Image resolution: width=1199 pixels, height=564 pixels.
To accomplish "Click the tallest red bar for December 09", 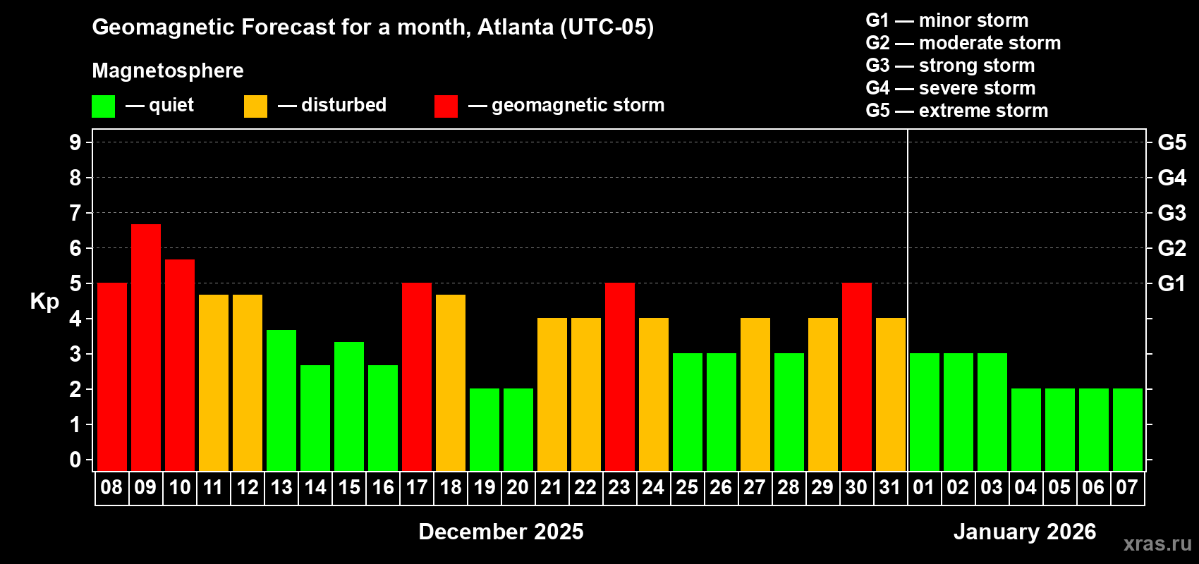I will [x=146, y=347].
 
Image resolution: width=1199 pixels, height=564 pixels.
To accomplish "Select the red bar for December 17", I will [x=417, y=376].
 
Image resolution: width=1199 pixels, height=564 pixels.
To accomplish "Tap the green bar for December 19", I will [x=485, y=429].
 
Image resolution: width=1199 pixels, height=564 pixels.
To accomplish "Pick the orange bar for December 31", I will [x=891, y=394].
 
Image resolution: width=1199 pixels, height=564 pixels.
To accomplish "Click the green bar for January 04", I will [x=1026, y=429].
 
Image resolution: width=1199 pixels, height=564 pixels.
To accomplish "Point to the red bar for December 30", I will [x=857, y=376].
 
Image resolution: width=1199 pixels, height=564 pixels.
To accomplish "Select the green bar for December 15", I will [x=349, y=406].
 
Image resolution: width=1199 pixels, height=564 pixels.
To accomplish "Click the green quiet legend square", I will [x=103, y=106].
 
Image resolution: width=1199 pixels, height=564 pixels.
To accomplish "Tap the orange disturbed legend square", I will [x=255, y=106].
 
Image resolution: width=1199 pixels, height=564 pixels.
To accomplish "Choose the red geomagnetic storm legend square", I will [x=446, y=106].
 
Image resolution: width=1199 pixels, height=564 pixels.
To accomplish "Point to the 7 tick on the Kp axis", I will [x=75, y=213].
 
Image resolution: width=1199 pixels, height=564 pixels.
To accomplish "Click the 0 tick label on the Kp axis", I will [x=75, y=460].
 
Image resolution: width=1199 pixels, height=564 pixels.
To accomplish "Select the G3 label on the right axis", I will [x=1171, y=213].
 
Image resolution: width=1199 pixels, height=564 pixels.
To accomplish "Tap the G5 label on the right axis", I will [x=1171, y=142].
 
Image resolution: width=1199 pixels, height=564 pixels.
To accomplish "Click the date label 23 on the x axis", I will [x=619, y=488].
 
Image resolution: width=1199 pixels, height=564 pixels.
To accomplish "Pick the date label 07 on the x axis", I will [x=1127, y=488].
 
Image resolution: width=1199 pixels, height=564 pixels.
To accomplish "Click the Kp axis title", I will [x=44, y=302].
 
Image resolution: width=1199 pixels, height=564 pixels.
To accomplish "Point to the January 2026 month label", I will [x=1024, y=532].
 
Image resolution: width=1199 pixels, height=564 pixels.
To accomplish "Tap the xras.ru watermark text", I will [x=1157, y=543].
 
